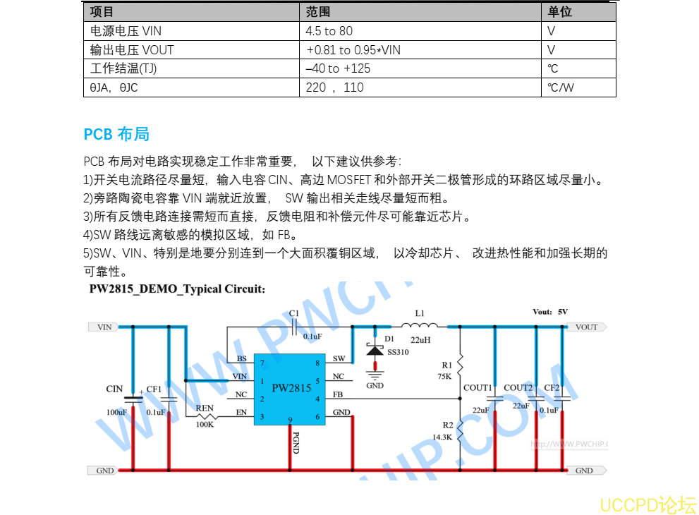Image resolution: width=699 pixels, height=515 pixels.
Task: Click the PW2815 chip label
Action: click(x=291, y=388)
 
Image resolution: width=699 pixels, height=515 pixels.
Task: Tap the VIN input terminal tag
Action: click(x=103, y=327)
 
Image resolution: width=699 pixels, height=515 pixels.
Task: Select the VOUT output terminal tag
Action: click(x=585, y=327)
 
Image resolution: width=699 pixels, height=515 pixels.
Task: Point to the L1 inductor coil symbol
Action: click(x=420, y=325)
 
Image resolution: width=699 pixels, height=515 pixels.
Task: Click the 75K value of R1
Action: click(x=444, y=376)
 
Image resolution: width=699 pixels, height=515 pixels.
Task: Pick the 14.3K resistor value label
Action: click(x=442, y=437)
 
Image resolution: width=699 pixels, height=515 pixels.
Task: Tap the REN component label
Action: click(x=205, y=408)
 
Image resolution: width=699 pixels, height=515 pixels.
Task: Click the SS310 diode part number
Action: click(x=398, y=351)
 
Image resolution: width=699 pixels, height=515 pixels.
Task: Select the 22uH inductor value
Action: click(x=420, y=340)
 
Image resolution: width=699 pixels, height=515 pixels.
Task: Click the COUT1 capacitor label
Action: click(x=478, y=387)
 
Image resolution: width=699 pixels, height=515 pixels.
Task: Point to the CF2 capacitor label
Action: click(x=552, y=387)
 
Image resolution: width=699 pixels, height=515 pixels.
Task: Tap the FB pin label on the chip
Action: click(x=338, y=394)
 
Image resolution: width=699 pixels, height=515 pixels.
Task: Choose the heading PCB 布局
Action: click(x=116, y=134)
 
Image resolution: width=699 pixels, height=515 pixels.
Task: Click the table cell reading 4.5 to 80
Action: click(x=329, y=31)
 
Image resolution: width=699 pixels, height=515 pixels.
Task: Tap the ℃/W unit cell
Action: click(x=561, y=87)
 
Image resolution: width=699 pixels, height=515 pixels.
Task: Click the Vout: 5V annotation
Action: click(x=550, y=311)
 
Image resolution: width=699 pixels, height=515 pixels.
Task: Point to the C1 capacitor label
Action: click(x=294, y=313)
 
